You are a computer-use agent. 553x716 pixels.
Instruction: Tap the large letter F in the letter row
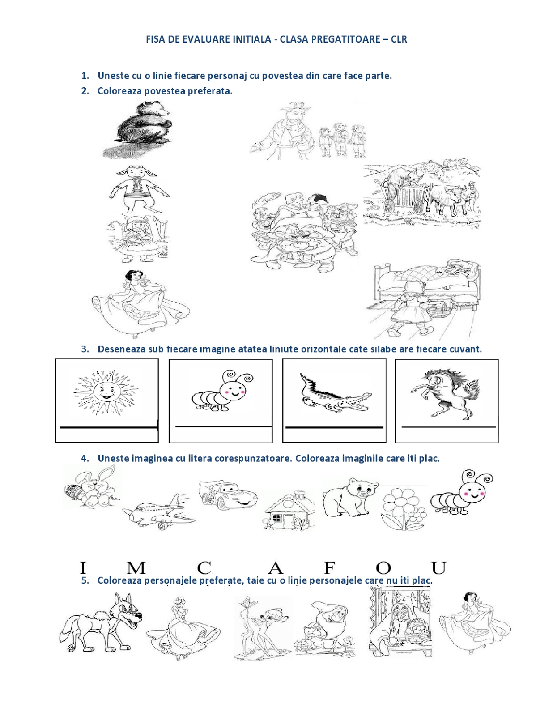[x=330, y=568]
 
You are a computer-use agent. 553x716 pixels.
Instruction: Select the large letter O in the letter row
[x=384, y=568]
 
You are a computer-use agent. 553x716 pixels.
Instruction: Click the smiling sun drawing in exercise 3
[x=106, y=392]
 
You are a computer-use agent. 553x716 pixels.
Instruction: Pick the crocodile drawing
[x=335, y=393]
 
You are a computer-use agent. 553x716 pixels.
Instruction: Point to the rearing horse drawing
[x=445, y=394]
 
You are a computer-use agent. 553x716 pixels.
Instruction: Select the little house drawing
[x=289, y=510]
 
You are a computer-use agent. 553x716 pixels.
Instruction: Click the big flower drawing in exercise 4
[x=403, y=508]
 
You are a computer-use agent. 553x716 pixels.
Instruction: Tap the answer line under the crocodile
[x=334, y=427]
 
